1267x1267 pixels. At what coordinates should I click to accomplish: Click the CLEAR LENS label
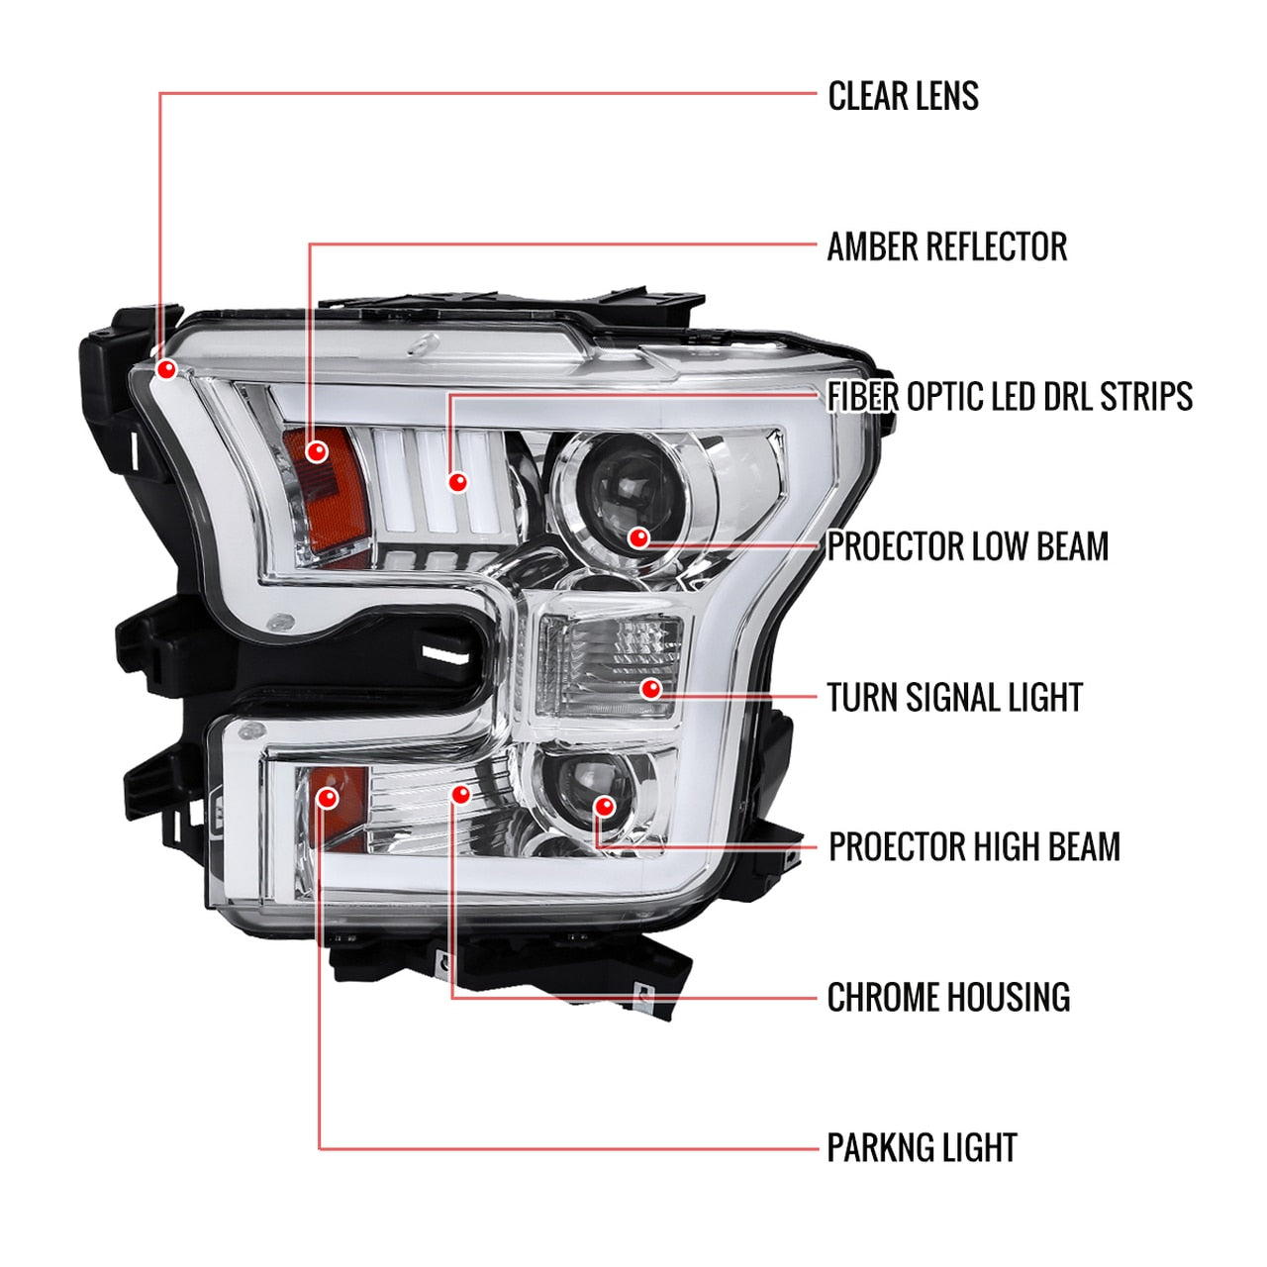coord(903,96)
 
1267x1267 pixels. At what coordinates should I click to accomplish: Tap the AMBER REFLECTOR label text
coord(947,246)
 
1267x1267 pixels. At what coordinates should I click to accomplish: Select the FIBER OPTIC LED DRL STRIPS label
coord(1010,397)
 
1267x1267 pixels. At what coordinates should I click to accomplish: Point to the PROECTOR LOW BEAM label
coord(967,546)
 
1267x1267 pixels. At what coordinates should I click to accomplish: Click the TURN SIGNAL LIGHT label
coord(954,697)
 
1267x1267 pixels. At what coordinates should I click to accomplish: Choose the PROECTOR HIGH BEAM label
coord(974,847)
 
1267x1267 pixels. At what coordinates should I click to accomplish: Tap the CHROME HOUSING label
coord(948,998)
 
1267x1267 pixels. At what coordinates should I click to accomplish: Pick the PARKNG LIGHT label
coord(922,1148)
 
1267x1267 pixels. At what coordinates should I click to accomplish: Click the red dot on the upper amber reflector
coord(317,451)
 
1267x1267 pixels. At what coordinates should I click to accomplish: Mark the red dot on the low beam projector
coord(639,537)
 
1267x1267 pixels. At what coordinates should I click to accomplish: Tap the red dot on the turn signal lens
coord(650,688)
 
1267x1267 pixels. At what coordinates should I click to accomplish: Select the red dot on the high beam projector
coord(604,806)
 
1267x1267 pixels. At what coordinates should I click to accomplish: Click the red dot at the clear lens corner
coord(166,369)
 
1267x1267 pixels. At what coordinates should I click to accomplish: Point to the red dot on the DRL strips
coord(457,482)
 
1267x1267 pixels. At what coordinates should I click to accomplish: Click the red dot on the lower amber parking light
coord(328,797)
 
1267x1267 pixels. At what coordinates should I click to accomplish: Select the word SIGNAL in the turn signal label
coord(953,697)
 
